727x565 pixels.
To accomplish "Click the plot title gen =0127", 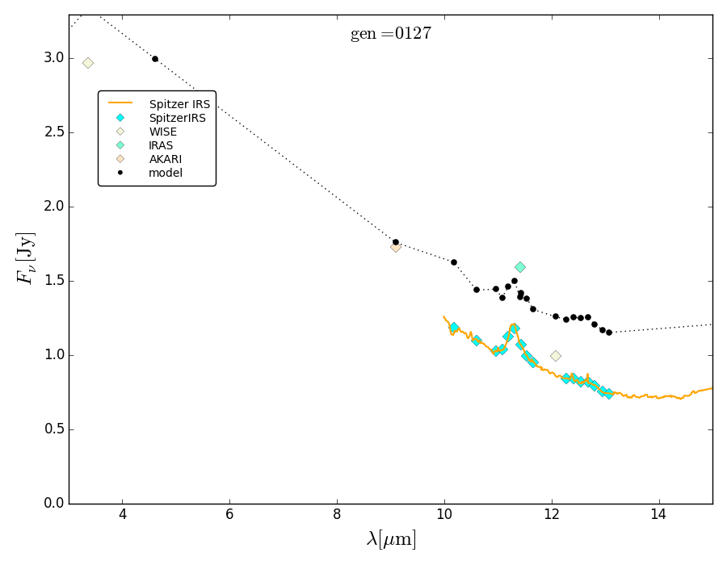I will [391, 34].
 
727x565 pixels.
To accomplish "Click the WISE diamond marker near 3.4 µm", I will [88, 63].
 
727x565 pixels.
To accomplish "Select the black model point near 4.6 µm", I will [155, 59].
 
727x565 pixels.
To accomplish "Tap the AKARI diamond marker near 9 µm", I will [395, 247].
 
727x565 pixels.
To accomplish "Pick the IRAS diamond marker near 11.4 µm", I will [520, 267].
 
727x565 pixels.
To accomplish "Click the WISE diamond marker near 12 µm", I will [555, 356].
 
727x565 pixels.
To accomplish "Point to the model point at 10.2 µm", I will [454, 262].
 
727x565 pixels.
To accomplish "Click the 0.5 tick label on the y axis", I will [54, 429].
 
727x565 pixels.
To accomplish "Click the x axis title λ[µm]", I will [391, 539].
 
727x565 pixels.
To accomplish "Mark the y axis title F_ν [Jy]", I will [25, 257].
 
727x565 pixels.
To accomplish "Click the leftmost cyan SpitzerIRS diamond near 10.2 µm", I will [454, 328].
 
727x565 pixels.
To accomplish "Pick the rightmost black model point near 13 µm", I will [608, 333].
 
